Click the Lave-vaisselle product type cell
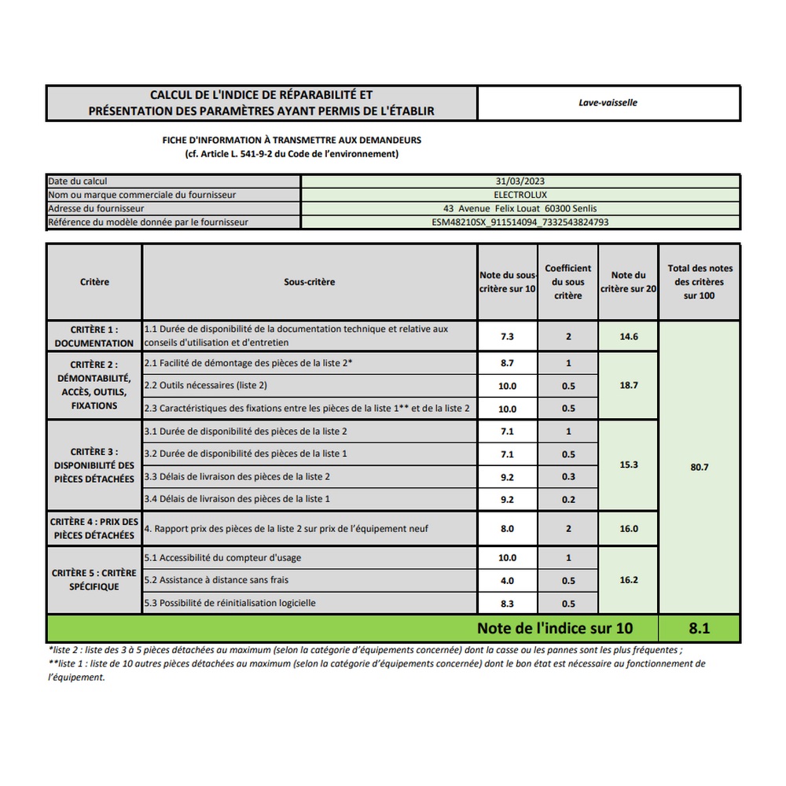pyautogui.click(x=608, y=103)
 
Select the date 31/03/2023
pyautogui.click(x=520, y=182)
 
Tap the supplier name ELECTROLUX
pyautogui.click(x=520, y=195)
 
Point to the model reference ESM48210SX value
pyautogui.click(x=520, y=222)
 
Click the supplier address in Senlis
pyautogui.click(x=520, y=208)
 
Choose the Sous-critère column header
pyautogui.click(x=309, y=281)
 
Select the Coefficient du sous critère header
pyautogui.click(x=567, y=281)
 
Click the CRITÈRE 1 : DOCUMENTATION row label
pyautogui.click(x=94, y=336)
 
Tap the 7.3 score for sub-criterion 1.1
pyautogui.click(x=508, y=336)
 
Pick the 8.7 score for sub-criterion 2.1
pyautogui.click(x=508, y=363)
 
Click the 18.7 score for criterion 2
pyautogui.click(x=629, y=386)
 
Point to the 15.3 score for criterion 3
pyautogui.click(x=629, y=465)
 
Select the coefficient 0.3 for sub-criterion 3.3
pyautogui.click(x=568, y=476)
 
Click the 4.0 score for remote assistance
pyautogui.click(x=508, y=581)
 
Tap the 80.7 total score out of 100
pyautogui.click(x=700, y=467)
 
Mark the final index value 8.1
pyautogui.click(x=700, y=629)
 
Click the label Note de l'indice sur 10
pyautogui.click(x=554, y=629)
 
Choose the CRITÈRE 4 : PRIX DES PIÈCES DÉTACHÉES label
pyautogui.click(x=94, y=528)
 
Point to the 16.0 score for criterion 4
pyautogui.click(x=629, y=529)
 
